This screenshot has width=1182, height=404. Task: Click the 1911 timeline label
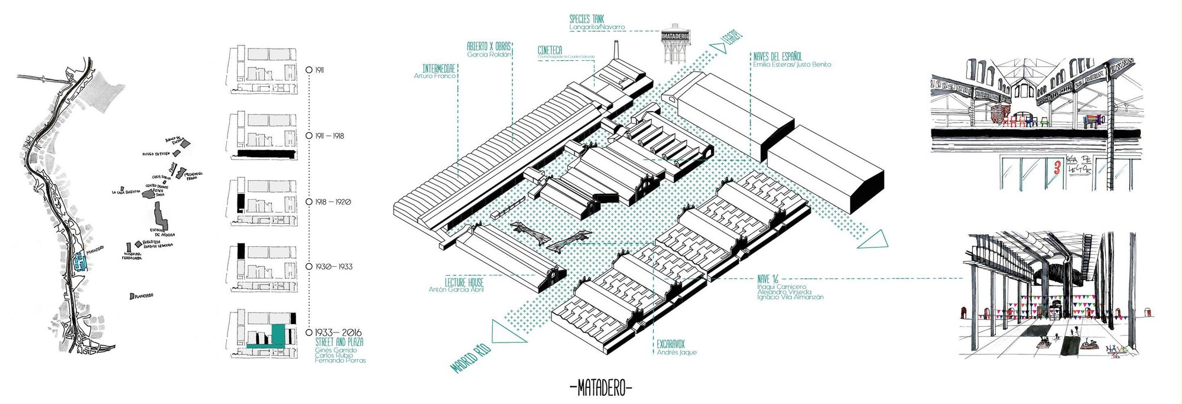click(319, 70)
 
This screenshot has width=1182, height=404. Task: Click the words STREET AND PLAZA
click(339, 342)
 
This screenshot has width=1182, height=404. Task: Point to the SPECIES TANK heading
click(587, 19)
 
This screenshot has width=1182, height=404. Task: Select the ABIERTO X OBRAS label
click(489, 46)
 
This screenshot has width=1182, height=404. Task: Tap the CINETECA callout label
click(550, 51)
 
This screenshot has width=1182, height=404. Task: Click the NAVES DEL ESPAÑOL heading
click(777, 57)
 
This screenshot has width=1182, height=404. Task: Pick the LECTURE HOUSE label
click(464, 282)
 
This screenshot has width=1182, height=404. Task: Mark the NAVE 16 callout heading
click(768, 279)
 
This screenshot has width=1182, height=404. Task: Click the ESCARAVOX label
click(670, 344)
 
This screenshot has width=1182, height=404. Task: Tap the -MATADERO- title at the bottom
click(601, 389)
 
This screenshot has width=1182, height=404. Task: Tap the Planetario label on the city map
click(144, 295)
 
